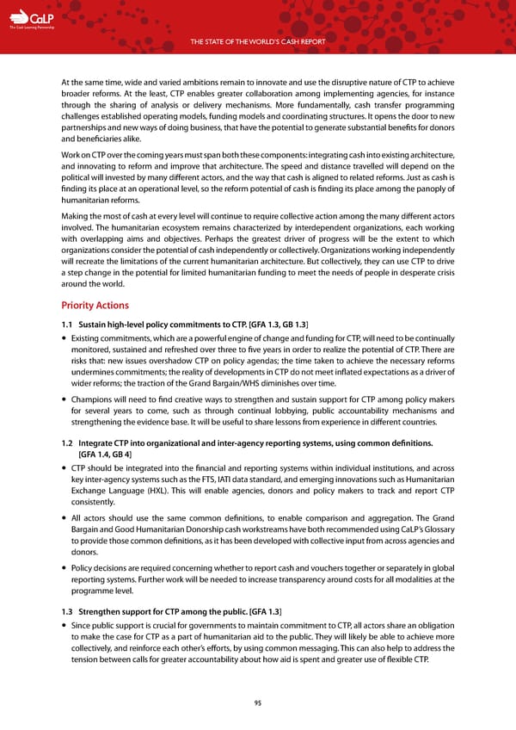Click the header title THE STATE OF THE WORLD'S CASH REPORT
tap(258, 44)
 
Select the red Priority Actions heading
tap(95, 305)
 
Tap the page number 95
tap(258, 702)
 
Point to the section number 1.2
tap(68, 442)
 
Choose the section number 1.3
tap(68, 609)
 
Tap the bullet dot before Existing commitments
tap(64, 339)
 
